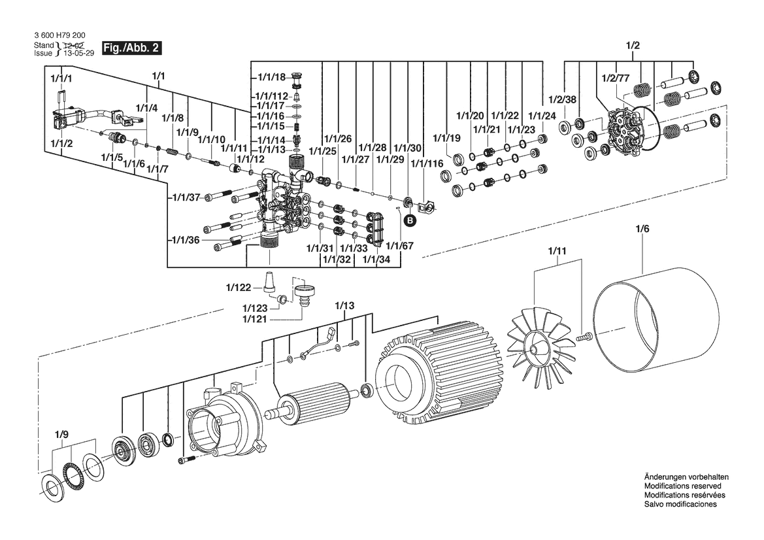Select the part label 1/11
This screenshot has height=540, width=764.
556,250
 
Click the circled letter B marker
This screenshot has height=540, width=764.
410,221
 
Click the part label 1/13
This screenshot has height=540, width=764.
344,305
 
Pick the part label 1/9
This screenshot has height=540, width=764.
61,433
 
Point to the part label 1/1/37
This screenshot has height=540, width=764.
186,197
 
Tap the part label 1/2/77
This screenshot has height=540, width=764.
615,78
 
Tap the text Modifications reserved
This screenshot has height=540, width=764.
682,487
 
